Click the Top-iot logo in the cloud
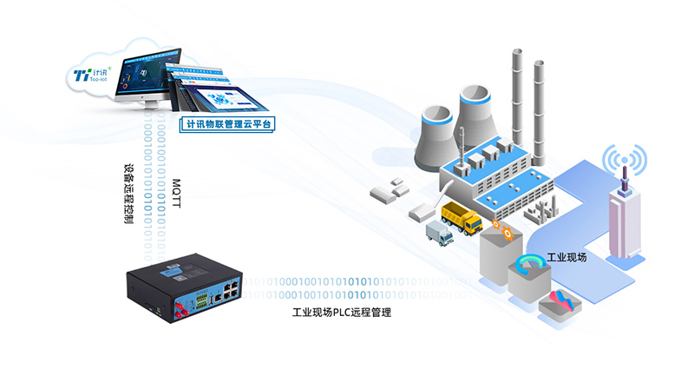click(x=88, y=76)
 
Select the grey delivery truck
click(x=440, y=233)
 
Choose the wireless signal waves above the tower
click(x=625, y=161)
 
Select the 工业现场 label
click(x=566, y=258)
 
